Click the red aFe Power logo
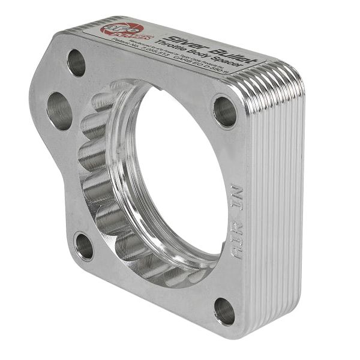123,29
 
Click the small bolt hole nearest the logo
76,62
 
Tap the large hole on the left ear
59,110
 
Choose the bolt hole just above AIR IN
225,112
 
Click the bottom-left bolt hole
84,246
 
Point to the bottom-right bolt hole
224,311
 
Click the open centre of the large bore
180,174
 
